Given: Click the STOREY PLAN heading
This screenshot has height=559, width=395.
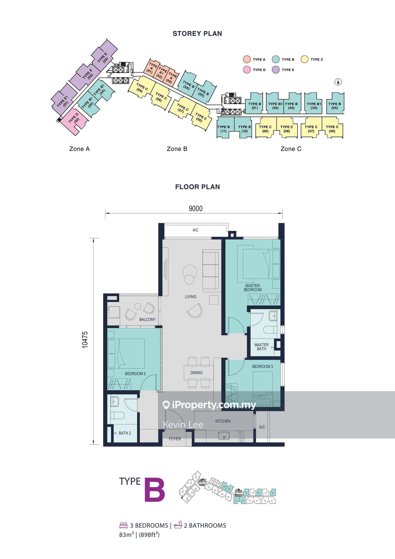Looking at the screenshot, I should point(197,33).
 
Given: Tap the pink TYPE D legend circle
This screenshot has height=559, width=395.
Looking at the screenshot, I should point(247,70).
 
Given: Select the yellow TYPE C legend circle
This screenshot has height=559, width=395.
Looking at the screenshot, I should point(304,59).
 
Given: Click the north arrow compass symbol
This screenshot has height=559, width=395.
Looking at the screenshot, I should point(338,82).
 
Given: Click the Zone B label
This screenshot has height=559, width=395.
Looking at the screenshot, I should point(177,149).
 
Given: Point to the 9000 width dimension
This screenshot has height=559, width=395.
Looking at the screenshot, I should point(196,209).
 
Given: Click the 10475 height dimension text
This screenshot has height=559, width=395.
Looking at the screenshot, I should point(85,340).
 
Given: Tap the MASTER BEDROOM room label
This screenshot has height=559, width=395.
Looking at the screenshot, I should point(252,288).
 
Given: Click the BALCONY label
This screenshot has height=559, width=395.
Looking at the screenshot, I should point(147,319).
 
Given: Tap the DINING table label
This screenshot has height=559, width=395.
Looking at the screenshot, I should point(196,373).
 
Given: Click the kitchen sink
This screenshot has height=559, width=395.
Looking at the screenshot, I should point(224,436).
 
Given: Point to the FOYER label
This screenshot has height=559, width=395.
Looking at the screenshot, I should point(175,439).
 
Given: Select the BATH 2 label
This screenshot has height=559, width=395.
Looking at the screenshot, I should point(125,433).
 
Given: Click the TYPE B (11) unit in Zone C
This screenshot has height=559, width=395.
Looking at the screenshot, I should point(223,129).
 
